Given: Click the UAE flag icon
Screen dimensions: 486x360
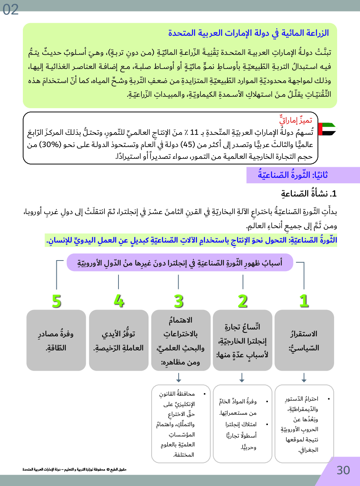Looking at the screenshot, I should point(327,129).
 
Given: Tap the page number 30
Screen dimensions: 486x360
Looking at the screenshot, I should point(343,470).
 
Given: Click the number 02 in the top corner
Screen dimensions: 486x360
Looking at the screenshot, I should point(10,10).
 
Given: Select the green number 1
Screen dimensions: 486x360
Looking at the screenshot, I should point(304,301).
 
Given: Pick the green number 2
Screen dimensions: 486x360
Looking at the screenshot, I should point(242,301).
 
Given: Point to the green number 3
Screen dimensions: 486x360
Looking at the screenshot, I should point(179,301).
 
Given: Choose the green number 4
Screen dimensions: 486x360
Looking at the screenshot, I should point(119,301).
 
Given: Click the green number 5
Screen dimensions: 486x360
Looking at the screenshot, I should point(56,301).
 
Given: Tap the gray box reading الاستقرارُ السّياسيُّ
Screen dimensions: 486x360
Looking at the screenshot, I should point(304,340).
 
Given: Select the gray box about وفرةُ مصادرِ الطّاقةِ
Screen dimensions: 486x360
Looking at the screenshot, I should point(56,340).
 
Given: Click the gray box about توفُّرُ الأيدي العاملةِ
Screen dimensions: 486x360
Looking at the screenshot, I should point(118,340).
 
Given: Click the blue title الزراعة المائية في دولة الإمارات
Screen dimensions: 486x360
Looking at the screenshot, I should point(248,33).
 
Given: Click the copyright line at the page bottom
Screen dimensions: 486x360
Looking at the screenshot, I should point(74,470).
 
